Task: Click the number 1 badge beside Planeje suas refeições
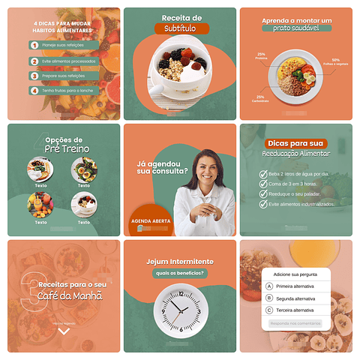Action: (34, 45)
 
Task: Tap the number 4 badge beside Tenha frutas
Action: (34, 91)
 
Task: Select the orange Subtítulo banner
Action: (180, 28)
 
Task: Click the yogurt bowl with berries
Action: (179, 67)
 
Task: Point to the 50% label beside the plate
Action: (335, 61)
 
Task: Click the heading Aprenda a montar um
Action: (295, 18)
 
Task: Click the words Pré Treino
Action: (67, 148)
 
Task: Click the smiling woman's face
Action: (205, 169)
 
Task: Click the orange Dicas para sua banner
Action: (295, 143)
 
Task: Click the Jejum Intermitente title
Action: (180, 261)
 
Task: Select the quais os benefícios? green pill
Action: (180, 272)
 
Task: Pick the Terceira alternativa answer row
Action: (295, 310)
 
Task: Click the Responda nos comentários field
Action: (295, 323)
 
